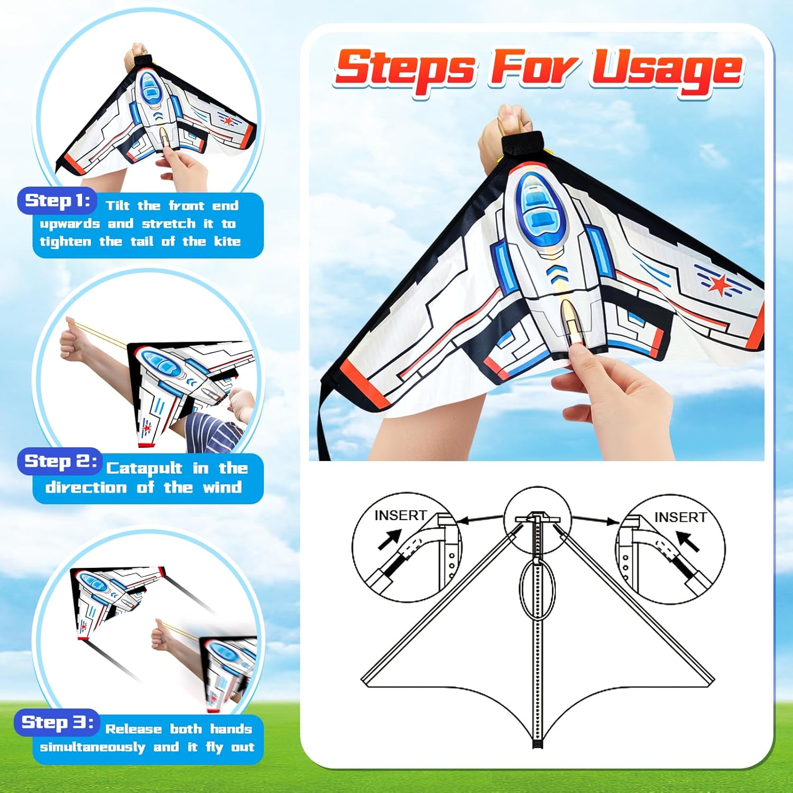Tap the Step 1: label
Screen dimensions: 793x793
click(57, 200)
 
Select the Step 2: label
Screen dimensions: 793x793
click(60, 461)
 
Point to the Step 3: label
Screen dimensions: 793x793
click(57, 722)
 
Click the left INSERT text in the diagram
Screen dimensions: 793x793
click(400, 515)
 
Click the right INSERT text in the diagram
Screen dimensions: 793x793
click(680, 517)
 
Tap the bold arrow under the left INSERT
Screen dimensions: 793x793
click(390, 540)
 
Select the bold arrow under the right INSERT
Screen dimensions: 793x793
click(688, 541)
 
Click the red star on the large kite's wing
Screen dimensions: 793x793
click(720, 285)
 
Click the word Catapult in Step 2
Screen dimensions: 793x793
click(144, 468)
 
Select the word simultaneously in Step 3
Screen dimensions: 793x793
click(92, 747)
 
